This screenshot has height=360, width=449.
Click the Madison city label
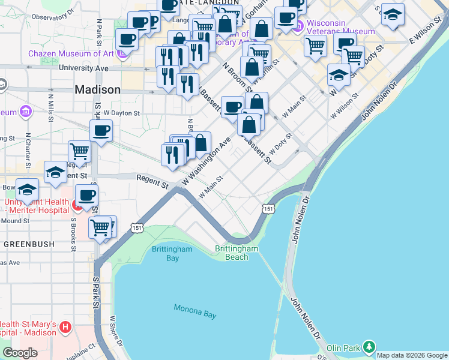97,89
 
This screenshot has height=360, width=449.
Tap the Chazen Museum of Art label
72,54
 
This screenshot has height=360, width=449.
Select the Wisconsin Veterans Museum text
340,28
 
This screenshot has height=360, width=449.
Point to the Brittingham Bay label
172,253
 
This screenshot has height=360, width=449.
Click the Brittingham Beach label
237,253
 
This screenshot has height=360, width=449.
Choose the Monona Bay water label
194,312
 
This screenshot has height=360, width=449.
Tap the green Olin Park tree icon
369,347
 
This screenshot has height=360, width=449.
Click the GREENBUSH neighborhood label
29,244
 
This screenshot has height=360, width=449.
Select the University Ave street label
83,68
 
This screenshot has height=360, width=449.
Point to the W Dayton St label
121,112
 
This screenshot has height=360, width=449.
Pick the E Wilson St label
426,33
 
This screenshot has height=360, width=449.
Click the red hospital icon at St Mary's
65,328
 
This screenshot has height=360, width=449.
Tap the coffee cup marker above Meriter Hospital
86,195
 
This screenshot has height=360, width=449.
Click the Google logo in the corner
20,353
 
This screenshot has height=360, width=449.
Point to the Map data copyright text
412,355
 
